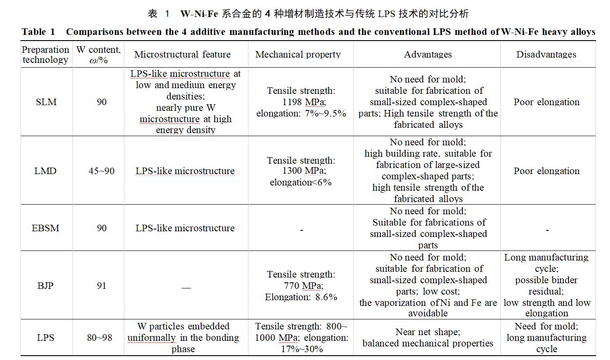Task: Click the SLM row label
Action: pos(45,102)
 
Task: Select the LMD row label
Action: pos(45,171)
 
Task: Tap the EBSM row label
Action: pos(45,228)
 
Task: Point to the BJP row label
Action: pos(45,286)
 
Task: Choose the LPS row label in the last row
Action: pos(45,338)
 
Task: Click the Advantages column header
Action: pos(427,55)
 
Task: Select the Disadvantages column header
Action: pos(546,55)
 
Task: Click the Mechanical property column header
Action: pos(298,55)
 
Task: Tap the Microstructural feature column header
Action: pos(183,55)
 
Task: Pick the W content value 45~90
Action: pos(101,171)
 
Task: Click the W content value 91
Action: pos(101,286)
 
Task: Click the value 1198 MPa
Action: pos(301,102)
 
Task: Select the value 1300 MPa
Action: pos(301,171)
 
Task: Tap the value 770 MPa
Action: pos(301,286)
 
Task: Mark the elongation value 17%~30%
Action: pos(301,349)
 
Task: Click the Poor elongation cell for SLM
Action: pos(546,102)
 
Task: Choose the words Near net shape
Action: pos(427,332)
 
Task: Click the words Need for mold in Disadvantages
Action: pos(546,326)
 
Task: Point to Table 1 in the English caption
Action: pos(39,32)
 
